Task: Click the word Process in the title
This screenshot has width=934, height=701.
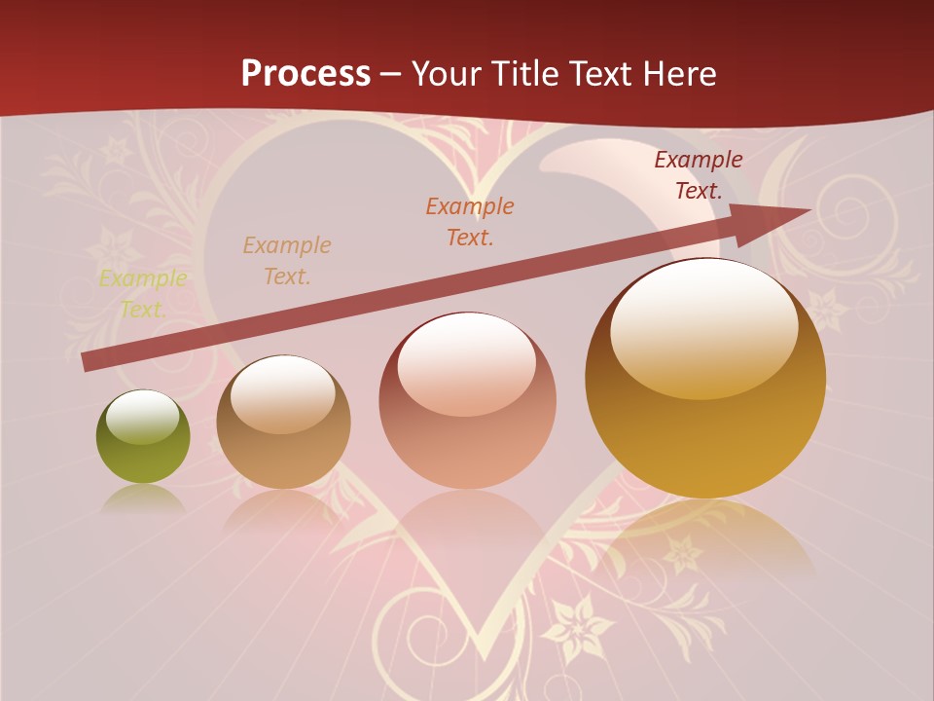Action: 305,73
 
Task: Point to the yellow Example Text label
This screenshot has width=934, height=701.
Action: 143,294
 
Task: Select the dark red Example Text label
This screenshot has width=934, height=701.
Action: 698,175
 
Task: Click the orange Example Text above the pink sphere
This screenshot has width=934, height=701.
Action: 470,221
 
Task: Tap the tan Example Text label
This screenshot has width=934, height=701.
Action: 287,260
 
